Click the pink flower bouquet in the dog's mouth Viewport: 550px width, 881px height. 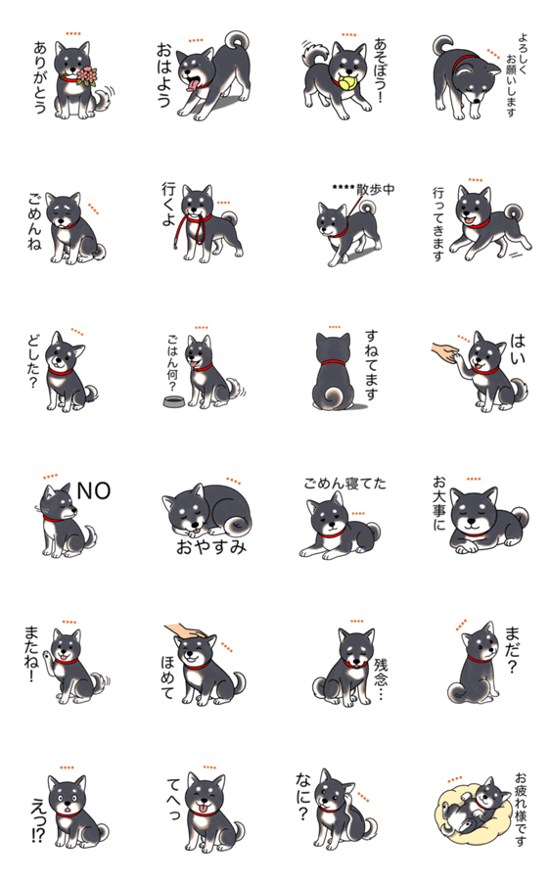[86, 75]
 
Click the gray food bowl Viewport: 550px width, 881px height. [174, 401]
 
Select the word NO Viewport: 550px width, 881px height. [93, 490]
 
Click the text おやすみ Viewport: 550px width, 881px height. [211, 546]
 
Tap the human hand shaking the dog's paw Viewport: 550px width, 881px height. [447, 352]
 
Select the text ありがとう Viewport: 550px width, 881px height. [40, 77]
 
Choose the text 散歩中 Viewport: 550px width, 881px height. [375, 189]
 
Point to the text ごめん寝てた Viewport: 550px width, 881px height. [344, 484]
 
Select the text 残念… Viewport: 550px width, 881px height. [381, 678]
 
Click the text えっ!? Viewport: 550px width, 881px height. [37, 821]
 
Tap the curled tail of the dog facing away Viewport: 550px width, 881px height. [335, 396]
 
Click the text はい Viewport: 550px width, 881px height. [518, 348]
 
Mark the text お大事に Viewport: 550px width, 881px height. [438, 503]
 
